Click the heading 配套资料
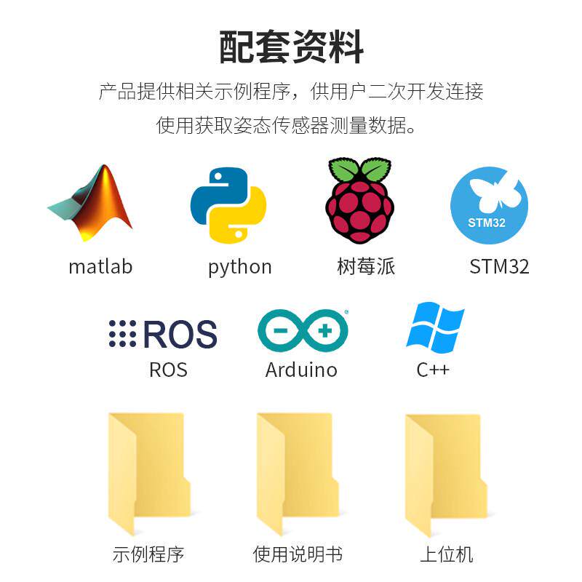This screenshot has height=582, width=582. [x=291, y=48]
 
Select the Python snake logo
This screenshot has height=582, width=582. [x=228, y=205]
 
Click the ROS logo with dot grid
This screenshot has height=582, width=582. [x=163, y=334]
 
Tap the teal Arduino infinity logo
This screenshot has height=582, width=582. [x=303, y=331]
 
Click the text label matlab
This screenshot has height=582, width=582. [x=100, y=266]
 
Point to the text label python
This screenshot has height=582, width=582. [x=239, y=267]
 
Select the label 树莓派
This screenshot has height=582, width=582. [x=366, y=266]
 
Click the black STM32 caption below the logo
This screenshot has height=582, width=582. [x=499, y=266]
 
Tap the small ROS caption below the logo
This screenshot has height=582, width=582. [x=168, y=370]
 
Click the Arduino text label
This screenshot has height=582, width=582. [x=301, y=370]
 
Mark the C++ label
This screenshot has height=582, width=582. [x=433, y=370]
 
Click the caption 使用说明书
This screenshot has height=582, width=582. [x=298, y=554]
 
